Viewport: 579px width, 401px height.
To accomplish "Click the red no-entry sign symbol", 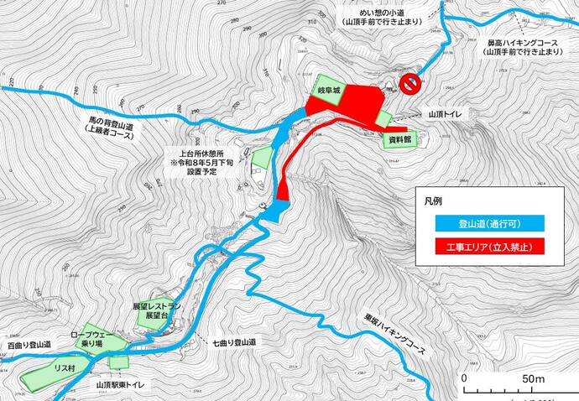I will pyautogui.click(x=410, y=84).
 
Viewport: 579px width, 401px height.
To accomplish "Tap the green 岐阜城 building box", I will pyautogui.click(x=328, y=87).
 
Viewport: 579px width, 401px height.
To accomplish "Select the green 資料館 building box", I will pyautogui.click(x=398, y=139).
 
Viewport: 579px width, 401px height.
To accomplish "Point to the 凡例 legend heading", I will pyautogui.click(x=434, y=202).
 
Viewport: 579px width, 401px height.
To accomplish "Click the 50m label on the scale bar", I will pyautogui.click(x=534, y=379).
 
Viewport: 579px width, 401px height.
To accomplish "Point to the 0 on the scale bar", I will pyautogui.click(x=464, y=379).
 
